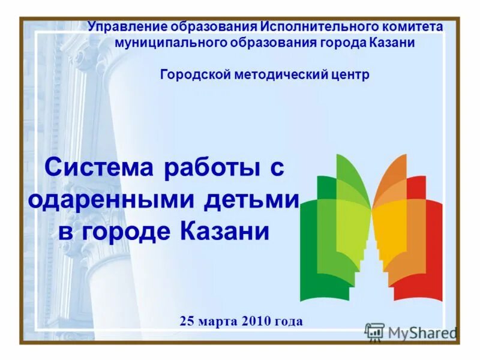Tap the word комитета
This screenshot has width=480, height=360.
[x=413, y=28]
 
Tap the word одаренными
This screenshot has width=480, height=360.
[x=112, y=199]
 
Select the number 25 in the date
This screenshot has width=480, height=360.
[x=186, y=321]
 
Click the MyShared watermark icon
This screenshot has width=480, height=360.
[x=374, y=332]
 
